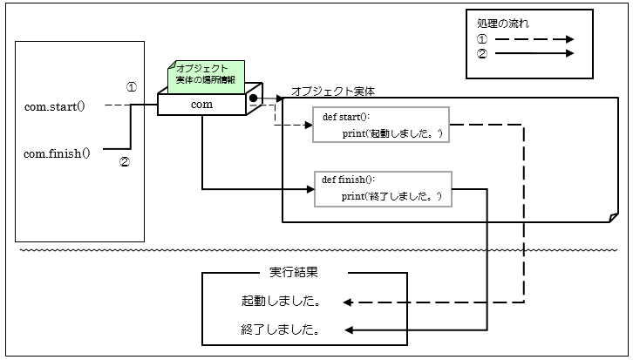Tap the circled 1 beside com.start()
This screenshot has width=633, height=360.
click(x=132, y=87)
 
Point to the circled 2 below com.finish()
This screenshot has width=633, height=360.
click(x=124, y=161)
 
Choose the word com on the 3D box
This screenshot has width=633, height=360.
click(x=201, y=105)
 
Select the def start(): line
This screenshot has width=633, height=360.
click(x=346, y=116)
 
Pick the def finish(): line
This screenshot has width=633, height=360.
click(x=349, y=179)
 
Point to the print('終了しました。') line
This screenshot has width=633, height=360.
click(x=391, y=196)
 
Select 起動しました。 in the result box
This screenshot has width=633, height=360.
click(x=280, y=302)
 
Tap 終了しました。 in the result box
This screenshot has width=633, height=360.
click(x=280, y=330)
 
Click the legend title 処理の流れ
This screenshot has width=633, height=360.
click(x=503, y=24)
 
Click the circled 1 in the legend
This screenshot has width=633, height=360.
click(x=483, y=39)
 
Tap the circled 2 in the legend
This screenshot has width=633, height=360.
click(x=483, y=53)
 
